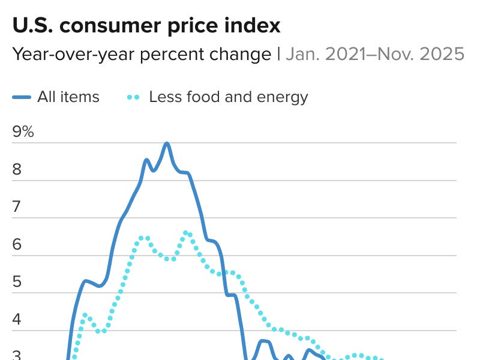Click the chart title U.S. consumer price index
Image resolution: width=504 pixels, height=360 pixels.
point(146,25)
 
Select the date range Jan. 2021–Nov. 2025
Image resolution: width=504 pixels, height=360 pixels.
point(374,54)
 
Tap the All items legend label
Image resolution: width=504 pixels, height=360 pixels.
point(68,97)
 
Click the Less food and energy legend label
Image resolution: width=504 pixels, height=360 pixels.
point(228,97)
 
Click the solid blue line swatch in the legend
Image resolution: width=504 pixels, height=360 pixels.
point(22,97)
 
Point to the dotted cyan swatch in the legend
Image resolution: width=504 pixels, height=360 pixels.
point(133,97)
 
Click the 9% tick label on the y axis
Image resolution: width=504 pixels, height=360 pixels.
point(23,131)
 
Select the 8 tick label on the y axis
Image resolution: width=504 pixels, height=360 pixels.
point(17,169)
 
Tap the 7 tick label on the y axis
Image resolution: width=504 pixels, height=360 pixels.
point(17,207)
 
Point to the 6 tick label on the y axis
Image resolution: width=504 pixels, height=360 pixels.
point(17,244)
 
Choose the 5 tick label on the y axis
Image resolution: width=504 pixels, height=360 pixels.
point(17,281)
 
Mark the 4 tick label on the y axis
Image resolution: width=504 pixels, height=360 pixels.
point(17,319)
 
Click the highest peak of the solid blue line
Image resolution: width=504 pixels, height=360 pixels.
point(167,143)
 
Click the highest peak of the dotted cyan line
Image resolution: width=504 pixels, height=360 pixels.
point(186,232)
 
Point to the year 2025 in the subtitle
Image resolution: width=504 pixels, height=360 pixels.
point(444,54)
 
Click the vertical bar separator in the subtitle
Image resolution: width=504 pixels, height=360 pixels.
point(278,54)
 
